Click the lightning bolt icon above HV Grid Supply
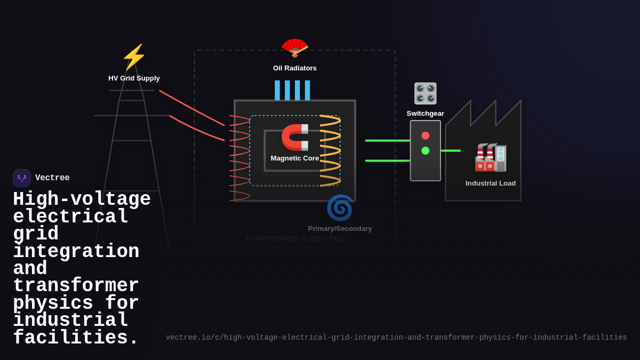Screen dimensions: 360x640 134,57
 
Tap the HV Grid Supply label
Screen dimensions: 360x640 134,78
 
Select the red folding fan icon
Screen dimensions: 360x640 295,47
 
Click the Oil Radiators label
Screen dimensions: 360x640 295,68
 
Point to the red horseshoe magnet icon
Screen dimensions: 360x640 295,137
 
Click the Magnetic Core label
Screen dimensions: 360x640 294,158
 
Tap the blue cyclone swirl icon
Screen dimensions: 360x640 340,207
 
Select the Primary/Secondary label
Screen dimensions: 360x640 340,229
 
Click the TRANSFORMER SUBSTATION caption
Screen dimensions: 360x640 295,239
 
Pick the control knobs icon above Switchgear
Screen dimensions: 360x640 426,93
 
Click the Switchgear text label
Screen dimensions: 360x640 425,114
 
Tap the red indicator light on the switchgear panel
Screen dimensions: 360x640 425,135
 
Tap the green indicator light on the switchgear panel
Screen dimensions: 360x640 425,150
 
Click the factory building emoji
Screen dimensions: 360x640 491,157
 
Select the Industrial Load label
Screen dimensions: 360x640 491,183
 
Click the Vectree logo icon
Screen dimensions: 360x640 22,178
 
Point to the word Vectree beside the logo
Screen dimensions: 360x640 52,178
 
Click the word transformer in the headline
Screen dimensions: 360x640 76,285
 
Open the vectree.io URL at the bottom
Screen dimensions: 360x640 396,338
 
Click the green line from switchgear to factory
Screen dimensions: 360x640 451,151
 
